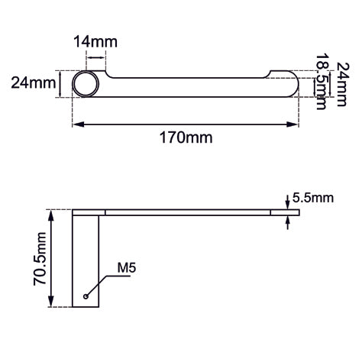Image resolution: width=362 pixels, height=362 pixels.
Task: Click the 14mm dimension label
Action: tap(90, 41)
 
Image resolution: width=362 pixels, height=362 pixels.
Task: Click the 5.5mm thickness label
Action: tap(313, 198)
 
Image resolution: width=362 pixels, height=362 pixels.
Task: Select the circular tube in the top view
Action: tap(86, 83)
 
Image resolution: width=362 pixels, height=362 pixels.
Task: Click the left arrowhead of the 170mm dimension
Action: tap(76, 124)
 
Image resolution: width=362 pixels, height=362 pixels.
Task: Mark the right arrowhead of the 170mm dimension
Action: tap(296, 124)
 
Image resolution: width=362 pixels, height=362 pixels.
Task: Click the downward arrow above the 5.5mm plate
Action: tap(286, 202)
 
